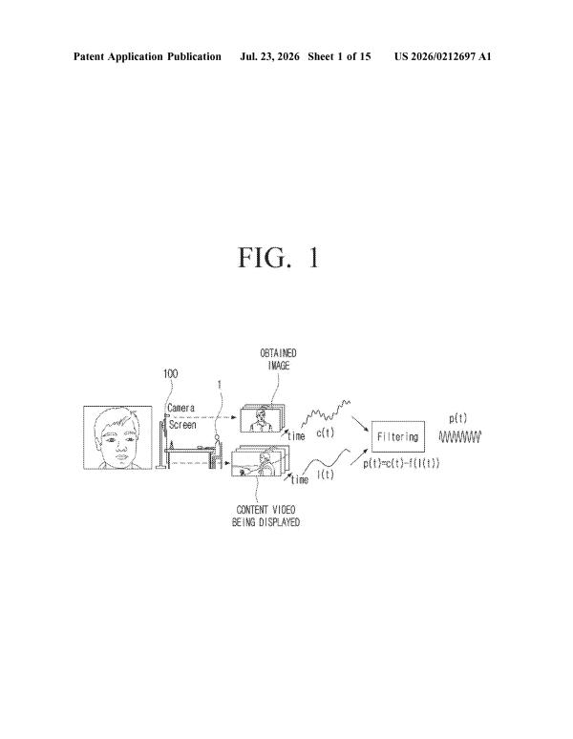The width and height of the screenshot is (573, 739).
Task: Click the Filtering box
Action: (398, 436)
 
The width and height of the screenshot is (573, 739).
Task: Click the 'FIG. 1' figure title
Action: (279, 258)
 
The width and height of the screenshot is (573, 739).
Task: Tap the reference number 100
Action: (170, 373)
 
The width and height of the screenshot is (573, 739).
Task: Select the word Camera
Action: (180, 408)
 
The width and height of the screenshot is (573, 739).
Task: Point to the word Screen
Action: (182, 425)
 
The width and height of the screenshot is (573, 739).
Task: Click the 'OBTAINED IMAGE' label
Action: (279, 359)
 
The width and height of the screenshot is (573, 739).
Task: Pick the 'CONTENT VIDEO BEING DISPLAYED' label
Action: (265, 517)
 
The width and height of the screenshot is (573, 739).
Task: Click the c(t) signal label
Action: (325, 433)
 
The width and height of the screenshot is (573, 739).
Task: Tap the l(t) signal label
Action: (326, 475)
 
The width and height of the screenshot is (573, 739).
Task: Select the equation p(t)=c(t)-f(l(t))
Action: (401, 463)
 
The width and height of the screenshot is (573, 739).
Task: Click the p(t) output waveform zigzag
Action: (460, 437)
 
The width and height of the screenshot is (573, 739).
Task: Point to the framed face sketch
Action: (117, 437)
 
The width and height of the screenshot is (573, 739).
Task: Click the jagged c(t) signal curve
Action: (326, 413)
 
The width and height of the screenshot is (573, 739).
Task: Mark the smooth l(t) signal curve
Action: (327, 459)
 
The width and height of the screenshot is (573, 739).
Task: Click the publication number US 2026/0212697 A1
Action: (443, 56)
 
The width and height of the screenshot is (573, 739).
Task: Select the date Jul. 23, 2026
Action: (269, 56)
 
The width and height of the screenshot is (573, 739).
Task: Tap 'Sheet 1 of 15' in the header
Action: (339, 56)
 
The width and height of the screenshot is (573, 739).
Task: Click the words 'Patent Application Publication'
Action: (147, 56)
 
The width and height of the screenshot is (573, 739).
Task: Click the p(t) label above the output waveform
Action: (458, 418)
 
